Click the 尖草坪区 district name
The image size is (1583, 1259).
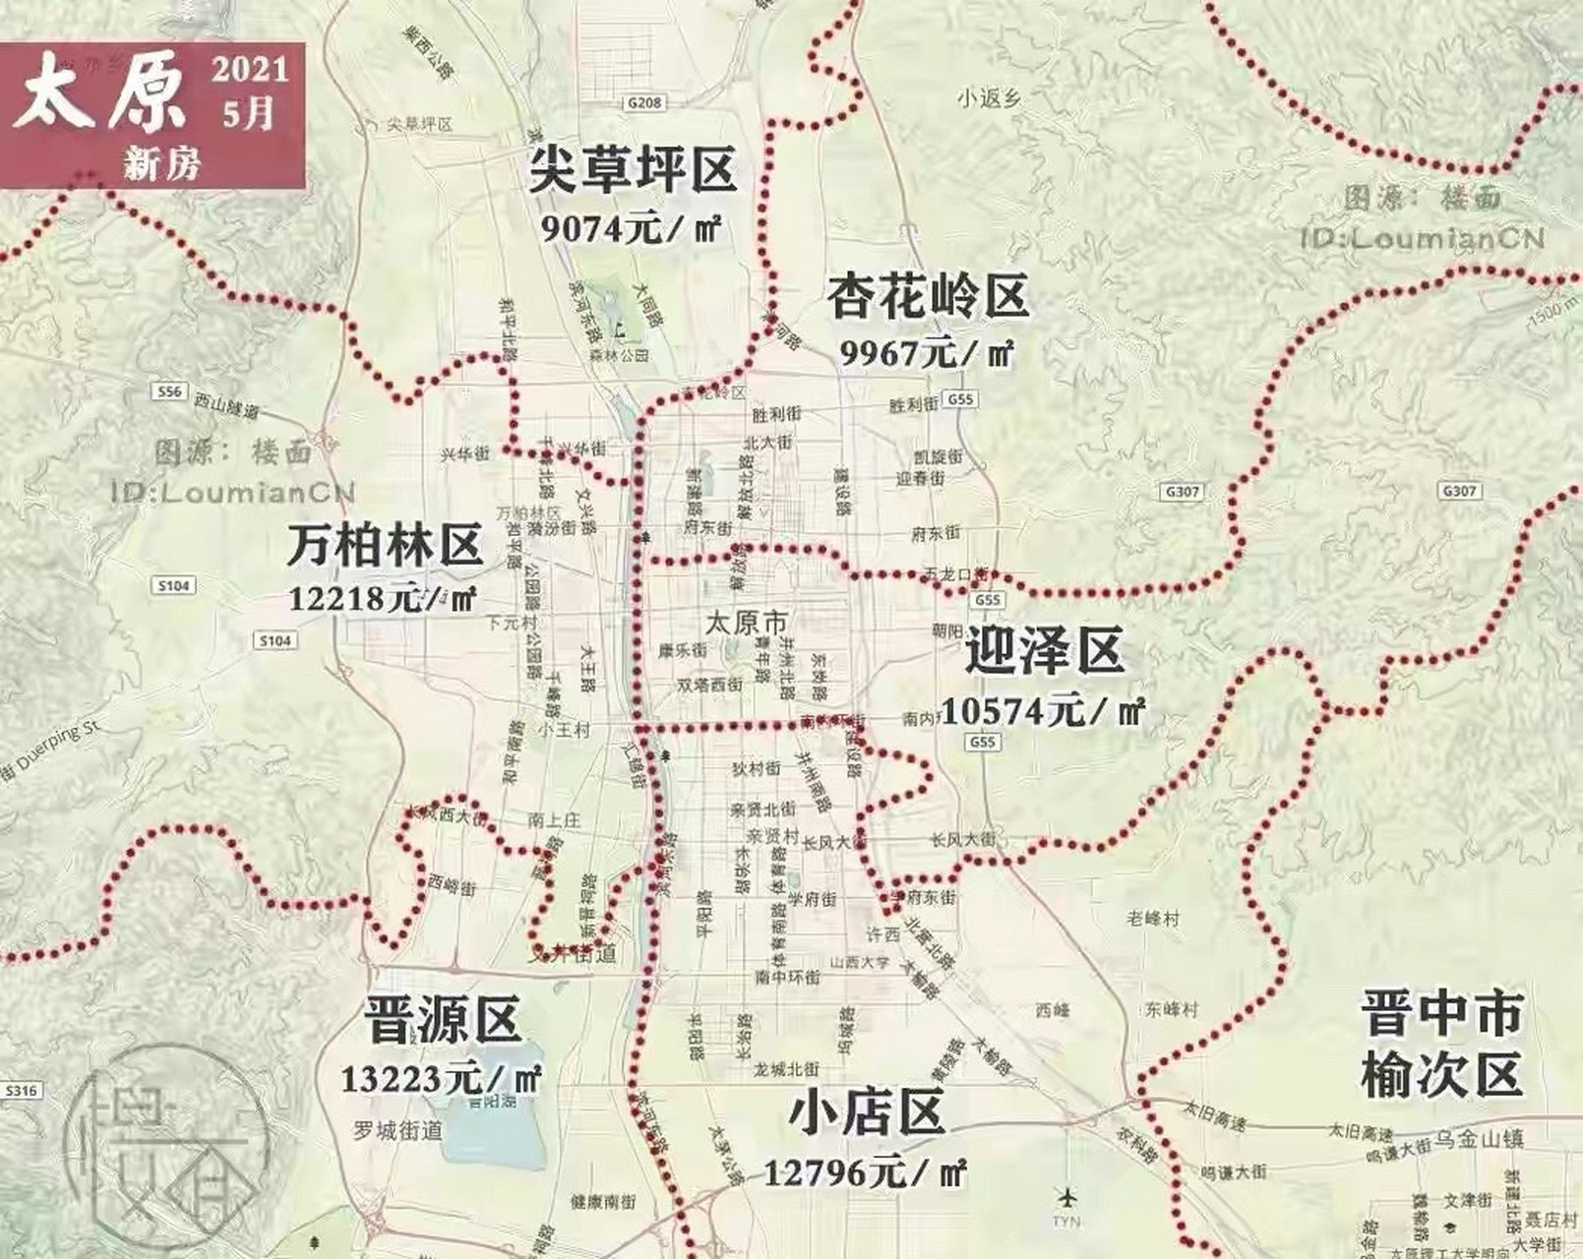tap(632, 170)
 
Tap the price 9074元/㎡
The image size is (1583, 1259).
tap(632, 228)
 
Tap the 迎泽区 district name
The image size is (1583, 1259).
tap(1044, 652)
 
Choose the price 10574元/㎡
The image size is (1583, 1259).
tap(1044, 709)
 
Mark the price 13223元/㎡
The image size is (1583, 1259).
tap(442, 1078)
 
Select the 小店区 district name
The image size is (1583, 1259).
tap(867, 1112)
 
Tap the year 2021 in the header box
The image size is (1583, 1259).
tap(250, 70)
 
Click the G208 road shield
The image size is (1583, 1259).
tap(645, 102)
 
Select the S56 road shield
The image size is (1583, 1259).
tap(169, 391)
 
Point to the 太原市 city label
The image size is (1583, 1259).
tap(747, 623)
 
